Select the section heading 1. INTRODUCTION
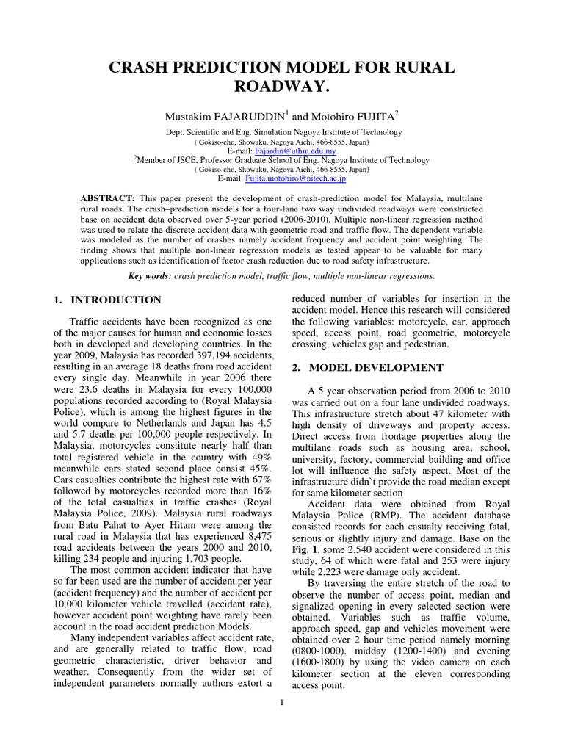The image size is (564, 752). tap(108, 300)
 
